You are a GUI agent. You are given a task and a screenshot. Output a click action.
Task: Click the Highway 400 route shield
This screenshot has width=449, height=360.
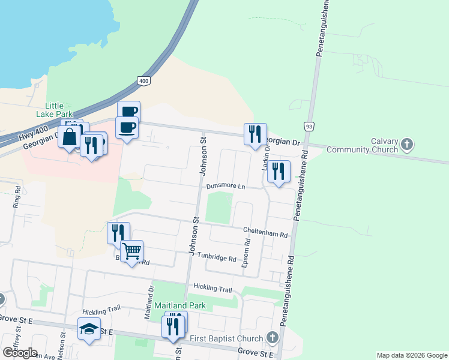point(143,80)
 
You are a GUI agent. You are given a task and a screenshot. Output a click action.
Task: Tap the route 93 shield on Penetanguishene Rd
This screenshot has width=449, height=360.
point(309,127)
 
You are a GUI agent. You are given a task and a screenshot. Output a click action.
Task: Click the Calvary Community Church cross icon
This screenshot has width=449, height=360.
point(408,144)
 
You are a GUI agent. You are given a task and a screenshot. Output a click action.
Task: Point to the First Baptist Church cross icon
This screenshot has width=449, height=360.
point(273,338)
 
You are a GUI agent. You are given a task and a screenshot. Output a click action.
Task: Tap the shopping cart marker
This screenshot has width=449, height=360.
point(131,251)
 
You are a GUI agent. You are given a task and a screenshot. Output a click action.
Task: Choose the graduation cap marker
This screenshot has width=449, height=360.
point(89,329)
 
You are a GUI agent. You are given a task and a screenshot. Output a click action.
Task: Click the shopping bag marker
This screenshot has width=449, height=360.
point(70,137)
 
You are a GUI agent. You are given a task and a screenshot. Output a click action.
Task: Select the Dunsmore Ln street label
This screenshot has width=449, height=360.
point(226,187)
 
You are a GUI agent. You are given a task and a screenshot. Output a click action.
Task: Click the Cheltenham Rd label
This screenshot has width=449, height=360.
point(265,231)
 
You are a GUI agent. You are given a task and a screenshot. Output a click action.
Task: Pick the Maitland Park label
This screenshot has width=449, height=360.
point(180,305)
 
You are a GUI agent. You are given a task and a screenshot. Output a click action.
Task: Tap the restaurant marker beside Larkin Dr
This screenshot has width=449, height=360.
point(279,172)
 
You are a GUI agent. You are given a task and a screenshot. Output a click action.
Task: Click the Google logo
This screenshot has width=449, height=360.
point(20,353)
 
